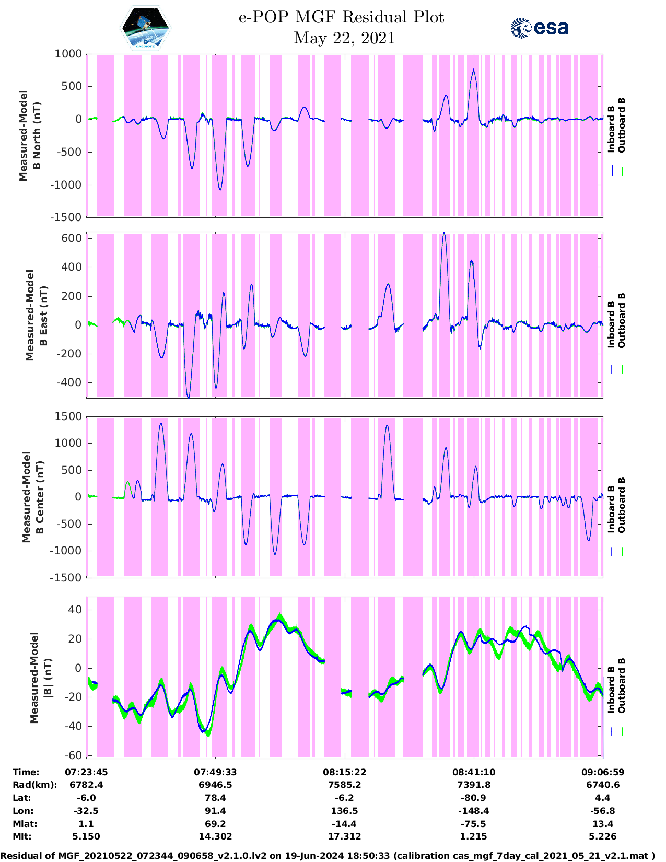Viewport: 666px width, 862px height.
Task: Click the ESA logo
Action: click(x=539, y=28)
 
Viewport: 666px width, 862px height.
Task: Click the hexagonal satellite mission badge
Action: click(x=146, y=27)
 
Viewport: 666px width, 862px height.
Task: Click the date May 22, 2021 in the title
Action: click(x=344, y=38)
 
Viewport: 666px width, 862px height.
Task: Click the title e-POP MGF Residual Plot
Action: click(x=341, y=17)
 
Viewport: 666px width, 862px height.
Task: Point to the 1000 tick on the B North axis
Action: click(x=68, y=54)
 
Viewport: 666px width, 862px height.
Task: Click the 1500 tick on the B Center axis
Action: click(x=68, y=416)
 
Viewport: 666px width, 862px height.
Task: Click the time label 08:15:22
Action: click(x=344, y=772)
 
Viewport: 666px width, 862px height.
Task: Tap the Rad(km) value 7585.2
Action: click(x=344, y=785)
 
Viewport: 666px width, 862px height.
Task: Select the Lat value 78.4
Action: click(x=215, y=798)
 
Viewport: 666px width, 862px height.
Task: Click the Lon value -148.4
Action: click(x=473, y=811)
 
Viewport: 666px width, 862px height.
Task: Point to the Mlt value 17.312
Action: click(x=344, y=836)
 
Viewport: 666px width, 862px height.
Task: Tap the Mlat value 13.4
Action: click(x=602, y=824)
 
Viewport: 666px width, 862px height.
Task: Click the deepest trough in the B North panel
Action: click(x=220, y=189)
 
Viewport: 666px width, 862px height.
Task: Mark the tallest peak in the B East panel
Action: click(x=444, y=234)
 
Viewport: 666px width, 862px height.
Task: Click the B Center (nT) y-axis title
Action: click(x=32, y=497)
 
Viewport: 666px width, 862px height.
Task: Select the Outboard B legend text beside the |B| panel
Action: click(x=622, y=685)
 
